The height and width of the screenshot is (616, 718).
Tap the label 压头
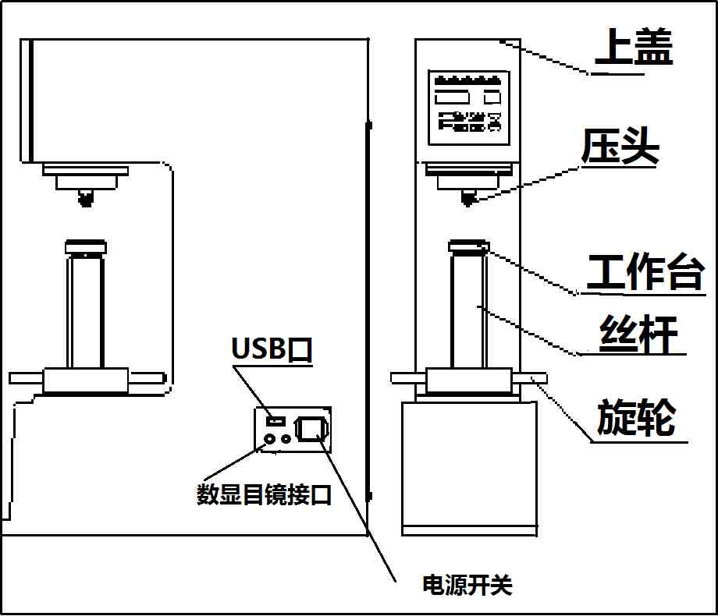(620, 147)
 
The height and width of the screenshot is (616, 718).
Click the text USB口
(272, 349)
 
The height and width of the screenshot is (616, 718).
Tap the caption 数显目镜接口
(264, 494)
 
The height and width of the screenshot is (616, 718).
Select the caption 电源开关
(467, 585)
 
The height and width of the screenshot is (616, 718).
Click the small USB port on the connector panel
(273, 421)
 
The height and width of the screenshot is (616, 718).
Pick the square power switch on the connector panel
(311, 428)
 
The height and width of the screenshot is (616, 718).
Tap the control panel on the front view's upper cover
(468, 108)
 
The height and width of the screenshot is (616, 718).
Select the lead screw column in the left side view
(84, 312)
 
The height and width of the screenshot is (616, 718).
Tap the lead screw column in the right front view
(468, 312)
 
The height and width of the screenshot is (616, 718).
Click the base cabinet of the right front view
(468, 468)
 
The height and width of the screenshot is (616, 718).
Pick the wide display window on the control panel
(452, 98)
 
